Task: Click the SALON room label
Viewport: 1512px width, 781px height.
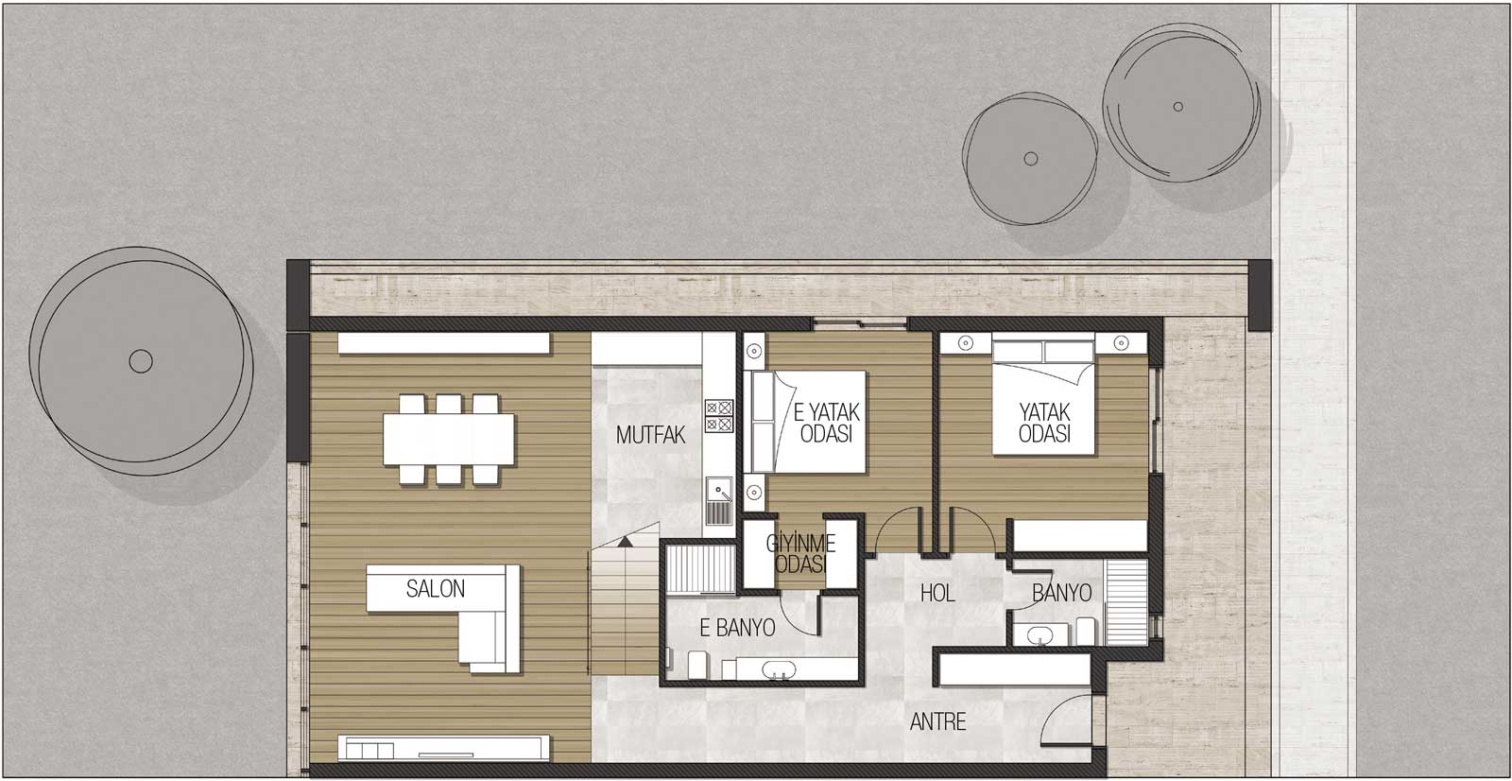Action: click(x=436, y=589)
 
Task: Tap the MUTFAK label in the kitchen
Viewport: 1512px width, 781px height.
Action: click(x=651, y=435)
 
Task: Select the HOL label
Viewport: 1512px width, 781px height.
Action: click(x=937, y=593)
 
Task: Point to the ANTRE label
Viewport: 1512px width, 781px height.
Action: click(x=937, y=722)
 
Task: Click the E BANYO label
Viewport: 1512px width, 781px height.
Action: click(x=737, y=629)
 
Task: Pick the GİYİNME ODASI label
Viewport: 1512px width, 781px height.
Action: click(x=801, y=553)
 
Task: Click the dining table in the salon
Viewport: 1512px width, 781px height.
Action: click(x=449, y=439)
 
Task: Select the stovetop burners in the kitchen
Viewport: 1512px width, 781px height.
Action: click(x=719, y=416)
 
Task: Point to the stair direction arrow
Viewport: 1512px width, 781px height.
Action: click(x=625, y=541)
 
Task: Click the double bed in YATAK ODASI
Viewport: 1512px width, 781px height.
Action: click(x=1043, y=397)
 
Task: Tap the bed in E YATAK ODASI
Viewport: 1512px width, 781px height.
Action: click(x=804, y=422)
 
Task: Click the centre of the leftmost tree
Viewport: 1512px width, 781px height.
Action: click(x=141, y=361)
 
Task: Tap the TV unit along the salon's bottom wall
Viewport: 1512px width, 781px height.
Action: click(x=443, y=749)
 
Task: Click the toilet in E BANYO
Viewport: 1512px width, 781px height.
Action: click(x=698, y=665)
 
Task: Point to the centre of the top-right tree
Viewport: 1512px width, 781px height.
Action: click(x=1177, y=107)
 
